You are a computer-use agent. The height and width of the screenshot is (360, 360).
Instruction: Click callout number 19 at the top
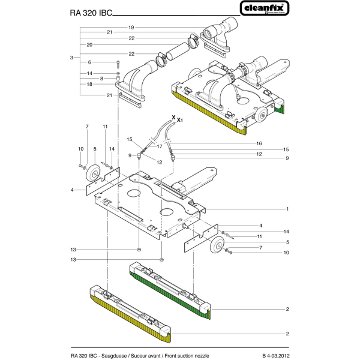[131, 27]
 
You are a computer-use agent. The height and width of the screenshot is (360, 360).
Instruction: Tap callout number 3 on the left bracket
[71, 57]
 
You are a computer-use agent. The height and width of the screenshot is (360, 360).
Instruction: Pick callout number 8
[103, 78]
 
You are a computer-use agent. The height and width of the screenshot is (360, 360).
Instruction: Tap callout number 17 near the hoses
[159, 146]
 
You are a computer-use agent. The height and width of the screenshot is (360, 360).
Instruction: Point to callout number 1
[288, 209]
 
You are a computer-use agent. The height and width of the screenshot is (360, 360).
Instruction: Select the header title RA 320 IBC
[86, 11]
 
